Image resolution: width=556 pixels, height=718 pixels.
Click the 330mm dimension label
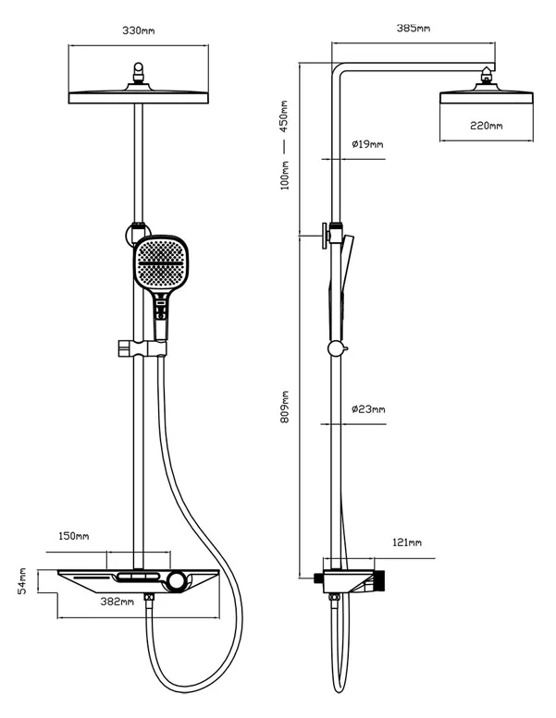[x=139, y=30]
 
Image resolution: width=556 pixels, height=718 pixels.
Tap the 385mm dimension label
[x=414, y=29]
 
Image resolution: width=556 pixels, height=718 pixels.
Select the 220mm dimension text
[x=486, y=126]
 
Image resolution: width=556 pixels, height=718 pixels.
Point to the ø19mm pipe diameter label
[x=367, y=144]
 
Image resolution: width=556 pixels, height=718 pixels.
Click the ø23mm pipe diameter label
[x=368, y=408]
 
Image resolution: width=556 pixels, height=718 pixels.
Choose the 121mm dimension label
[x=406, y=542]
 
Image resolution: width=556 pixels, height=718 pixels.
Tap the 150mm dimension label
[x=74, y=536]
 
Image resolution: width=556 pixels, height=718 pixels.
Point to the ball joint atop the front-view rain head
[x=139, y=71]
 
